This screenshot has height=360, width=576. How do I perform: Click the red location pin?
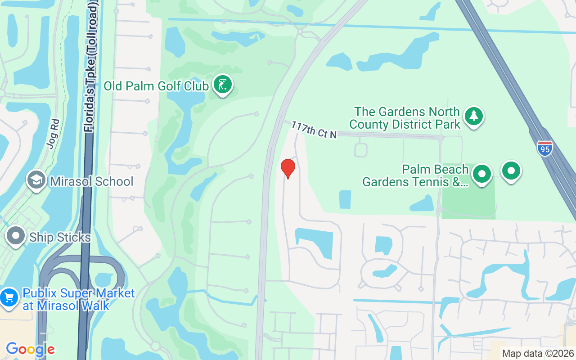[288, 168]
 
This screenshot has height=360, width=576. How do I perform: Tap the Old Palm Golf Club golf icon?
[222, 84]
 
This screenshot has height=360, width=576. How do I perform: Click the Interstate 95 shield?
[544, 148]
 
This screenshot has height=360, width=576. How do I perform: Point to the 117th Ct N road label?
[314, 130]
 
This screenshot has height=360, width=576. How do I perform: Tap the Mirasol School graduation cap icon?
[36, 180]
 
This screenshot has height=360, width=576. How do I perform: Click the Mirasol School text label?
[92, 181]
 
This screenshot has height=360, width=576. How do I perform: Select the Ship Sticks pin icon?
[16, 235]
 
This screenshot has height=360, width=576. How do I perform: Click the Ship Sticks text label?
[60, 237]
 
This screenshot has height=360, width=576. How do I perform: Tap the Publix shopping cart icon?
[9, 297]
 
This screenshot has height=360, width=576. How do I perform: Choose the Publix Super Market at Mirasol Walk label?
[72, 300]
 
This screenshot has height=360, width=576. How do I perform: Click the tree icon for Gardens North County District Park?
[473, 116]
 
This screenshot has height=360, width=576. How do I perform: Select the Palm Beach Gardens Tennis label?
[416, 176]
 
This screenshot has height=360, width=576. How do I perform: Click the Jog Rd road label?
[53, 134]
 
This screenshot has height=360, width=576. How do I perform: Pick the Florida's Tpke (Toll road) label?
[92, 67]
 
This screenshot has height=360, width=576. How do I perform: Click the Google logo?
[30, 349]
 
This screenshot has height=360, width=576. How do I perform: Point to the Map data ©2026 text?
[538, 354]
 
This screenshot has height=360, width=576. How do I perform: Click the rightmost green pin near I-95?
[511, 171]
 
